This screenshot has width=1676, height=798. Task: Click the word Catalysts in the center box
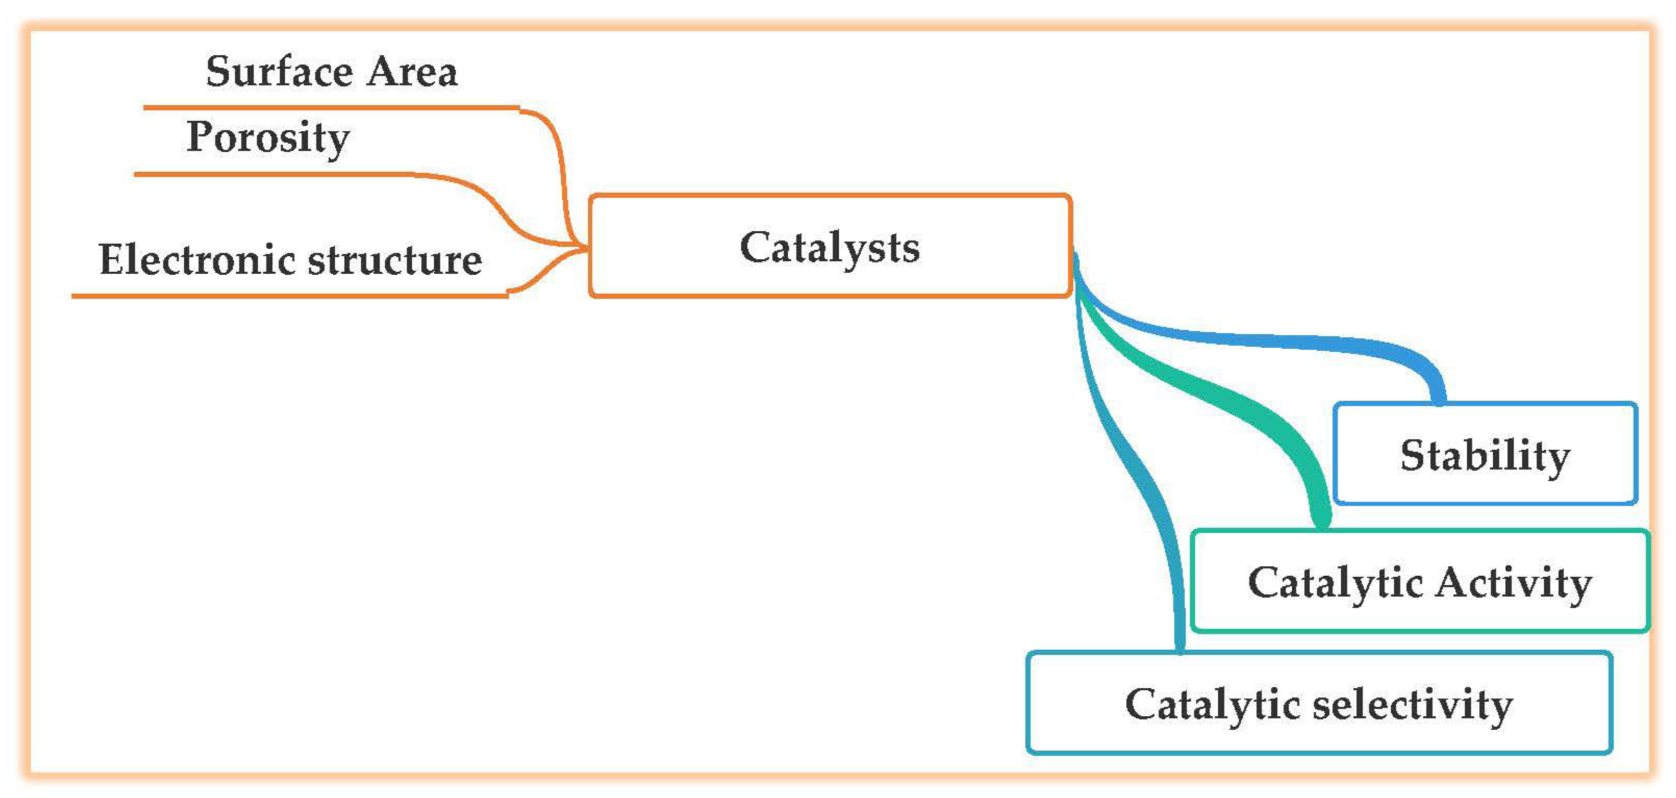[829, 248]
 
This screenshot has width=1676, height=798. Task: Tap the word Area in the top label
[411, 71]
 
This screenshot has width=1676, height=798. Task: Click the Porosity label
[268, 138]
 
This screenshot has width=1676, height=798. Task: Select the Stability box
[1485, 454]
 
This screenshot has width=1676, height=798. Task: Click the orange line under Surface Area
[325, 107]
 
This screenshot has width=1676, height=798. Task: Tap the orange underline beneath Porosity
[273, 174]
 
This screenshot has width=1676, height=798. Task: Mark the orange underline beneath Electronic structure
[286, 296]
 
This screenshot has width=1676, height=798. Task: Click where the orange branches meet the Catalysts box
[586, 248]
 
